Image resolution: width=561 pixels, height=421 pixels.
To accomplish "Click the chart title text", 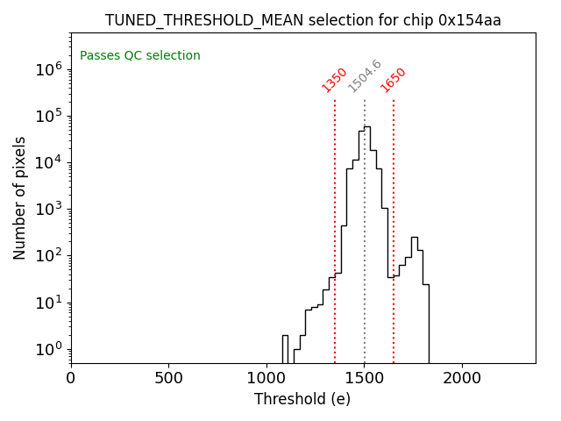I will coord(302,20).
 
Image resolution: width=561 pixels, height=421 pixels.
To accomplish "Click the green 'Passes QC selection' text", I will coord(140,56).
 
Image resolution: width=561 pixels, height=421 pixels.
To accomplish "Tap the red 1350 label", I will coord(335,80).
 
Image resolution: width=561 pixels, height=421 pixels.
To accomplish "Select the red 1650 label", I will coord(394,80).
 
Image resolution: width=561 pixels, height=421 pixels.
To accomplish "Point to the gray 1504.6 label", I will coord(365,76).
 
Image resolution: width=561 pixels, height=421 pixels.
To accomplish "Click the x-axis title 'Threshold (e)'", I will coord(302,399).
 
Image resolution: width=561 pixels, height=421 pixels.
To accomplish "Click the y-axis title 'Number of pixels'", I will coord(20,197).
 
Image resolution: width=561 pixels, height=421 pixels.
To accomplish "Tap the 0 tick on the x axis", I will coord(71,379).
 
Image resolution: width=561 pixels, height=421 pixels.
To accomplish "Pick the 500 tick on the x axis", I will coord(169,379).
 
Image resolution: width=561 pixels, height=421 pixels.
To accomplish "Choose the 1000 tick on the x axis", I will coord(266,379).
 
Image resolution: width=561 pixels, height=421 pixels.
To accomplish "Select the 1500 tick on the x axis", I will coord(365,379).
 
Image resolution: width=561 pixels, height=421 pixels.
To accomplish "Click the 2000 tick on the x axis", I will coord(462,379).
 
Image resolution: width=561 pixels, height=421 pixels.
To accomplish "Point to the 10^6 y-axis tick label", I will coord(48,69).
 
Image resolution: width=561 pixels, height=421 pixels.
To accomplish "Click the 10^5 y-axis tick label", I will coord(48,116).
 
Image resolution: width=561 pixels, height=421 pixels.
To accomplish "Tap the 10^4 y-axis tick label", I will coord(48,162).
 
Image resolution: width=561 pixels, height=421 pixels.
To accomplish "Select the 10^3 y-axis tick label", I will coord(48,209).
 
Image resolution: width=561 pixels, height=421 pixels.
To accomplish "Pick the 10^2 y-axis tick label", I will coord(48,256).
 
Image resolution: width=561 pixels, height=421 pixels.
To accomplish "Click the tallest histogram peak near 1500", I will coord(367,127).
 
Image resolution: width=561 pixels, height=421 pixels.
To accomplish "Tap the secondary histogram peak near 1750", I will coord(414,238).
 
